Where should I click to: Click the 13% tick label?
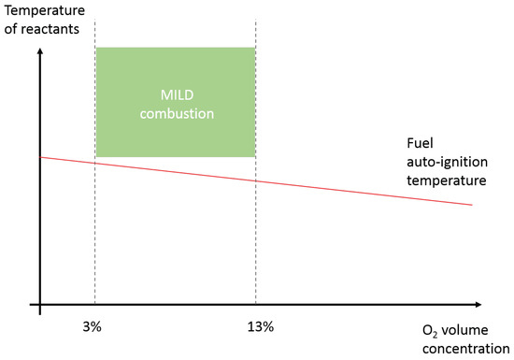[x=261, y=326]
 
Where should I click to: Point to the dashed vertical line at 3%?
[x=94, y=234]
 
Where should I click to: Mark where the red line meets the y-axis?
[x=39, y=157]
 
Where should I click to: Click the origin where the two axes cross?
[x=39, y=305]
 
